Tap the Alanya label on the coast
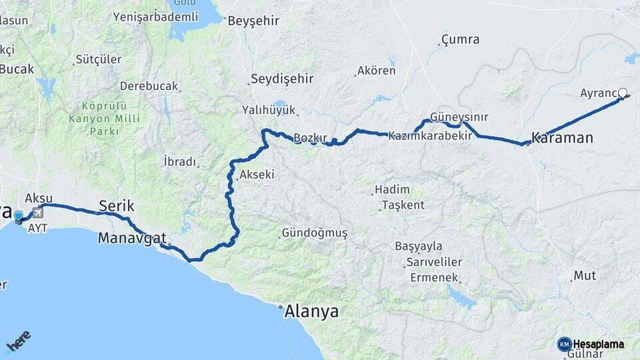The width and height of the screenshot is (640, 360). coord(311,311)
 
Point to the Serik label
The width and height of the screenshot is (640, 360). coord(117,205)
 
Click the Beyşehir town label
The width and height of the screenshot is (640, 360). coord(253,21)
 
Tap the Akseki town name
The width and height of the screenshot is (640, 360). coord(256,175)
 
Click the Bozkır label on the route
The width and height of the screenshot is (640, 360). coord(311,138)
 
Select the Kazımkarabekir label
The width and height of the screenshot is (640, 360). coord(431,135)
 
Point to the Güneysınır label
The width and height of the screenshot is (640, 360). coord(459,117)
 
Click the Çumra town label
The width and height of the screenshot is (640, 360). coord(460,40)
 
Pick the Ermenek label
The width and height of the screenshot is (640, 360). coord(434,277)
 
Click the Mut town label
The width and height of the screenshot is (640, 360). coord(585,275)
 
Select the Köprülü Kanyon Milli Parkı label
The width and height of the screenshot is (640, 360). coord(111,119)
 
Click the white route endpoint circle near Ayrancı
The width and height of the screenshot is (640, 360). coord(623,93)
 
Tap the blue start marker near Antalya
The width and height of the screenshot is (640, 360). coord(18,216)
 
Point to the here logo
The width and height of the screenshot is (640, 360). coord(18,342)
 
